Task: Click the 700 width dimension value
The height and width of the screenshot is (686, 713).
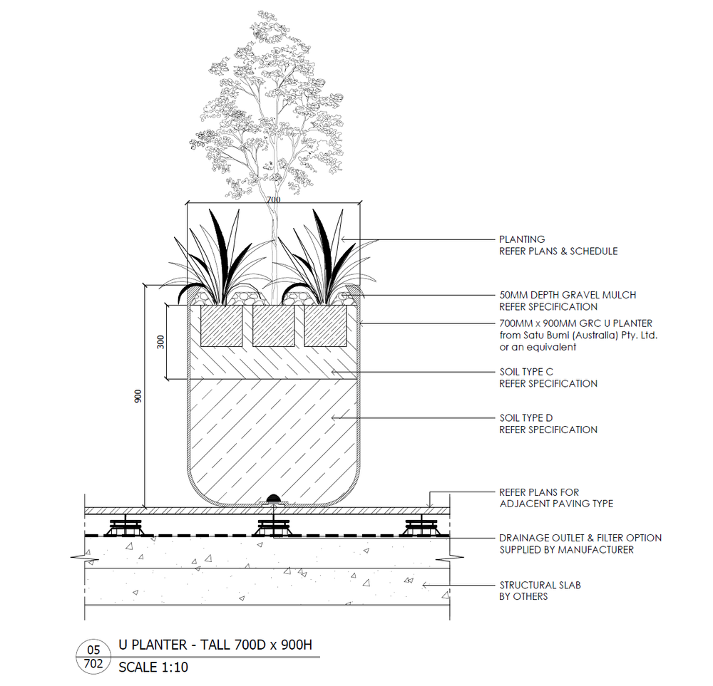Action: pos(273,200)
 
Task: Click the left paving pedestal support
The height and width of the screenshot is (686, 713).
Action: pos(124,529)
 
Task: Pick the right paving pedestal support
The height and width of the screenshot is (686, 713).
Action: pos(422,529)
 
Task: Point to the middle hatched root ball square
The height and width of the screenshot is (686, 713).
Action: pos(274,326)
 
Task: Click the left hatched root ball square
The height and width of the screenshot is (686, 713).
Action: pos(222,326)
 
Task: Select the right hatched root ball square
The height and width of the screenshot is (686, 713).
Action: pos(326,326)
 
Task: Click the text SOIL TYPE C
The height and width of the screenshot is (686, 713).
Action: pos(535,372)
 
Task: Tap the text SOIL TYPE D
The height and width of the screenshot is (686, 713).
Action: pos(535,418)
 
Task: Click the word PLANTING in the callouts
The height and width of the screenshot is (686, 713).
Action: pos(522,239)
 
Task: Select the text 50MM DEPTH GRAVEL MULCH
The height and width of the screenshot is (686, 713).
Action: pos(567,295)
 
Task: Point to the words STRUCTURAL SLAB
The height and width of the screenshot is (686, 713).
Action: pos(540,585)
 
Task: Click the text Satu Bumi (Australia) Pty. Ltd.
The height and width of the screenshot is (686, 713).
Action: pos(578,335)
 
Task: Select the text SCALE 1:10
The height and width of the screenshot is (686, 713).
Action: pos(153,667)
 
